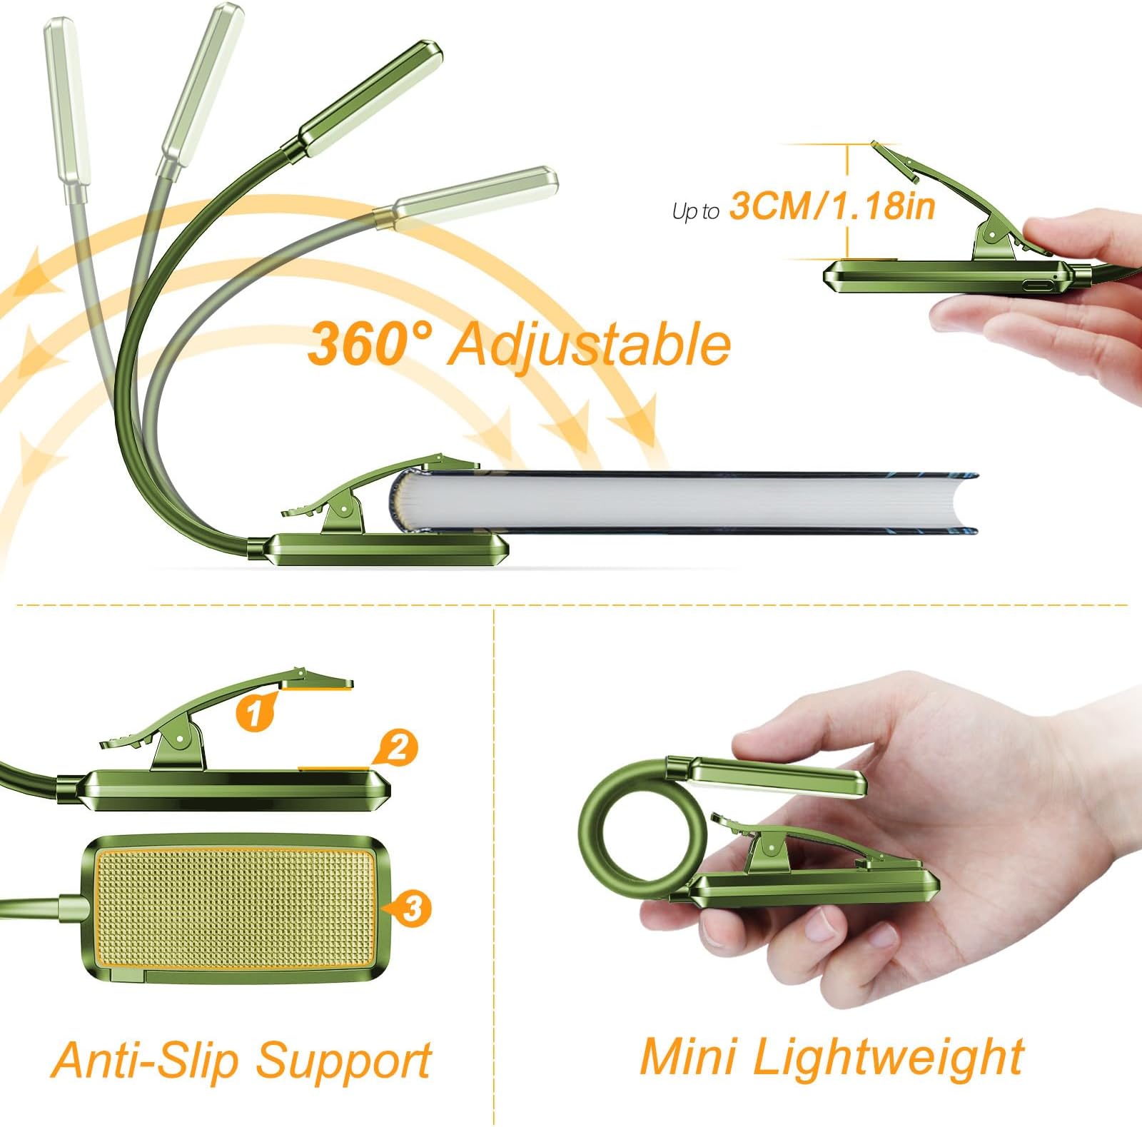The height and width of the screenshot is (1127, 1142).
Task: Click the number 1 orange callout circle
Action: [254, 712]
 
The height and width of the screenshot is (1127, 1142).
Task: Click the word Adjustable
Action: [590, 345]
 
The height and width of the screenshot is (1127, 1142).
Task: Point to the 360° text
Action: [370, 343]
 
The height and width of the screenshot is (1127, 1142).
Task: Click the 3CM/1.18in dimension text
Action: [832, 206]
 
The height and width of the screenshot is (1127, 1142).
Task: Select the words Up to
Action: [695, 211]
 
